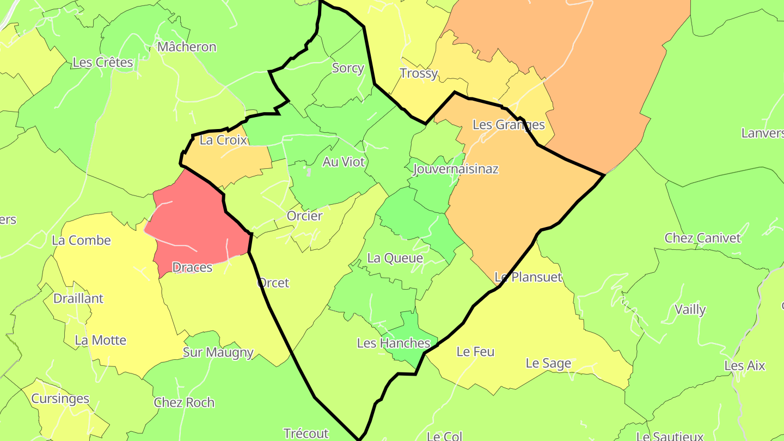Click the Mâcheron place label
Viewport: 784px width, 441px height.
[187, 47]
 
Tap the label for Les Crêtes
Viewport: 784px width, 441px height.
[102, 63]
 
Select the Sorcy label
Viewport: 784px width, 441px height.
[348, 68]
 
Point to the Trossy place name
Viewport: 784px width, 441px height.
[419, 73]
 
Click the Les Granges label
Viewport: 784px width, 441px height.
[509, 125]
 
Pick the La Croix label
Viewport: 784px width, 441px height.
[223, 140]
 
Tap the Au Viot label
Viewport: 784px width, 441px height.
[344, 162]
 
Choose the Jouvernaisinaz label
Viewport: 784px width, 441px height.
[456, 169]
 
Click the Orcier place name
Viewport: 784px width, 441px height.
[305, 216]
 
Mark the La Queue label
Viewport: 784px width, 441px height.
[395, 258]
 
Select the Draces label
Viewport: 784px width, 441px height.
[192, 267]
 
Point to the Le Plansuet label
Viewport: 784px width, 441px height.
[528, 277]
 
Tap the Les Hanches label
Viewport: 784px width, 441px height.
[394, 343]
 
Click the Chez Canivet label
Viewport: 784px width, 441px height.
[702, 238]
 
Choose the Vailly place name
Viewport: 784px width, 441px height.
[690, 310]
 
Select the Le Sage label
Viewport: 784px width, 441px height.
[548, 363]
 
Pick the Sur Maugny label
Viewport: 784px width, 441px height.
[218, 352]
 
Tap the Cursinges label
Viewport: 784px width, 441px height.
[60, 399]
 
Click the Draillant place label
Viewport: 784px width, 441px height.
[78, 298]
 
